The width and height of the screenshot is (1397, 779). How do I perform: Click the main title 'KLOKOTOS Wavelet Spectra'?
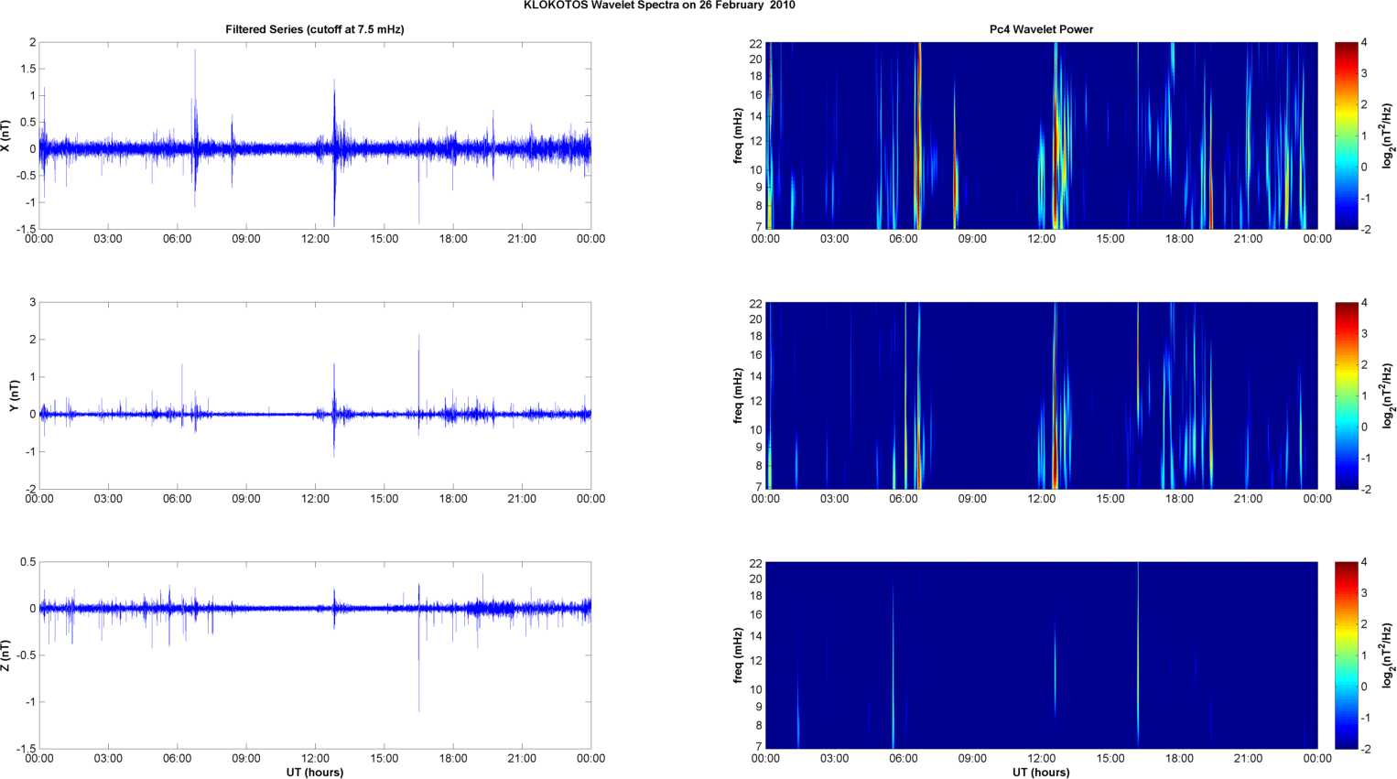659,5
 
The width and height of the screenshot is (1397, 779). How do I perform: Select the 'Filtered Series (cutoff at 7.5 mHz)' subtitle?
314,29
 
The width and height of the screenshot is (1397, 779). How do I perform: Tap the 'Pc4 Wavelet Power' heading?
1041,29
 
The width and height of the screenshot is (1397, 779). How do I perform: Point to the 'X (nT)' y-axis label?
7,135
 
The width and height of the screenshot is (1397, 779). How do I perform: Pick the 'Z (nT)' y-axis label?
7,655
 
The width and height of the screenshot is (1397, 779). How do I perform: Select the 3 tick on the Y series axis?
32,302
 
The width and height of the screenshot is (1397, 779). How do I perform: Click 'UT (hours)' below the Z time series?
314,773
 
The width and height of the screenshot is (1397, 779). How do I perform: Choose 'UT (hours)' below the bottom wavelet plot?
1041,773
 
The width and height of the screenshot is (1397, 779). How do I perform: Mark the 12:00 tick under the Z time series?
315,759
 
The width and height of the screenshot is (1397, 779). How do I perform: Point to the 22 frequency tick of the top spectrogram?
755,44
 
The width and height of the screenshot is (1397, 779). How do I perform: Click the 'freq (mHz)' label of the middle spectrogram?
738,395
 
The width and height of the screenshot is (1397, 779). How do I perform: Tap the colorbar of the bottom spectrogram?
1346,655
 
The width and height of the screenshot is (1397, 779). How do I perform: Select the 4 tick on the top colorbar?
1364,43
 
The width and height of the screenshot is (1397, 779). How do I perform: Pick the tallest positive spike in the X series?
195,51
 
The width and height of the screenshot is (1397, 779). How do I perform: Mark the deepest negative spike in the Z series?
419,709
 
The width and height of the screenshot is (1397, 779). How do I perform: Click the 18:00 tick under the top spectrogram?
1179,239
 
